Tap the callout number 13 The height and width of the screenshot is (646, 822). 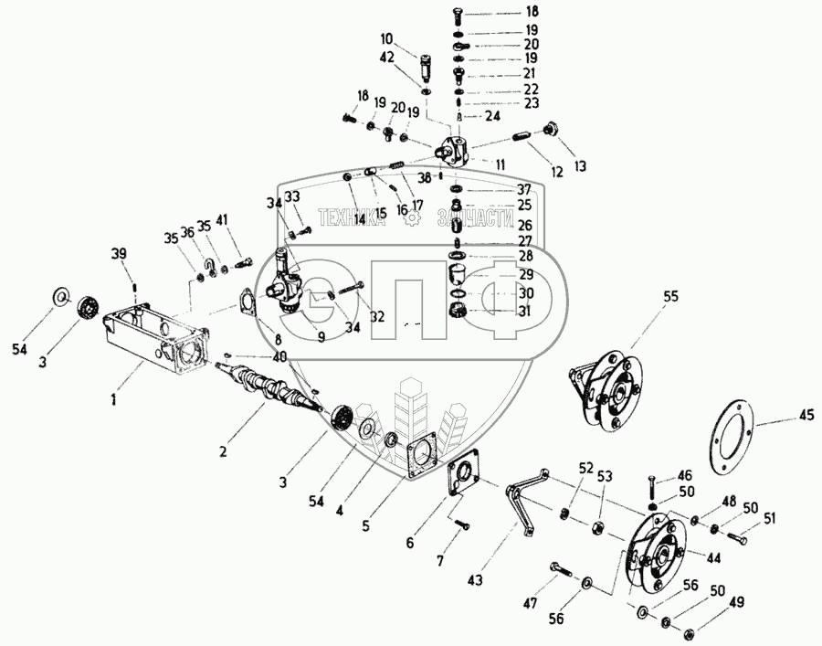[580, 166]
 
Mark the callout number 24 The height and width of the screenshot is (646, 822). [492, 116]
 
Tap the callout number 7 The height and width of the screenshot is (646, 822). [440, 559]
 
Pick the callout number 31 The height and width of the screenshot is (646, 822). [524, 311]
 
